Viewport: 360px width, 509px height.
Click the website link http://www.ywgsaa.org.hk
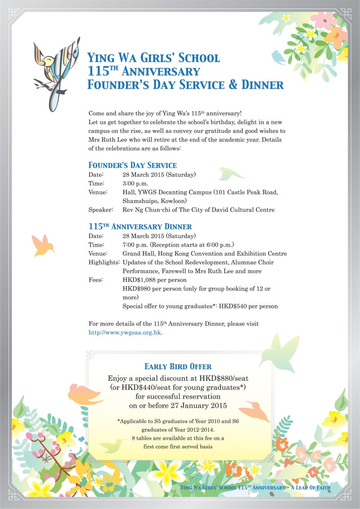click(x=125, y=333)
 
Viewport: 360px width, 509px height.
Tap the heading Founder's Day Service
click(x=132, y=165)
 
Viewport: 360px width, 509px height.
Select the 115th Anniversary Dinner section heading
click(x=140, y=226)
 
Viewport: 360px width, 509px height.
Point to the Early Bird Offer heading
click(x=178, y=366)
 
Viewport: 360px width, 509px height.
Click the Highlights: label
click(x=104, y=262)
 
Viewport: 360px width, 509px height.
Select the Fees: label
click(x=96, y=280)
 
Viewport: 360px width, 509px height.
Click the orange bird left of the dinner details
click(x=43, y=244)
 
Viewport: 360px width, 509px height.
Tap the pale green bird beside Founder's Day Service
click(x=232, y=173)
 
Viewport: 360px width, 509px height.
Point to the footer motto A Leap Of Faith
click(x=311, y=487)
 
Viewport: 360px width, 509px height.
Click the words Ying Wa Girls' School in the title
click(x=153, y=58)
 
